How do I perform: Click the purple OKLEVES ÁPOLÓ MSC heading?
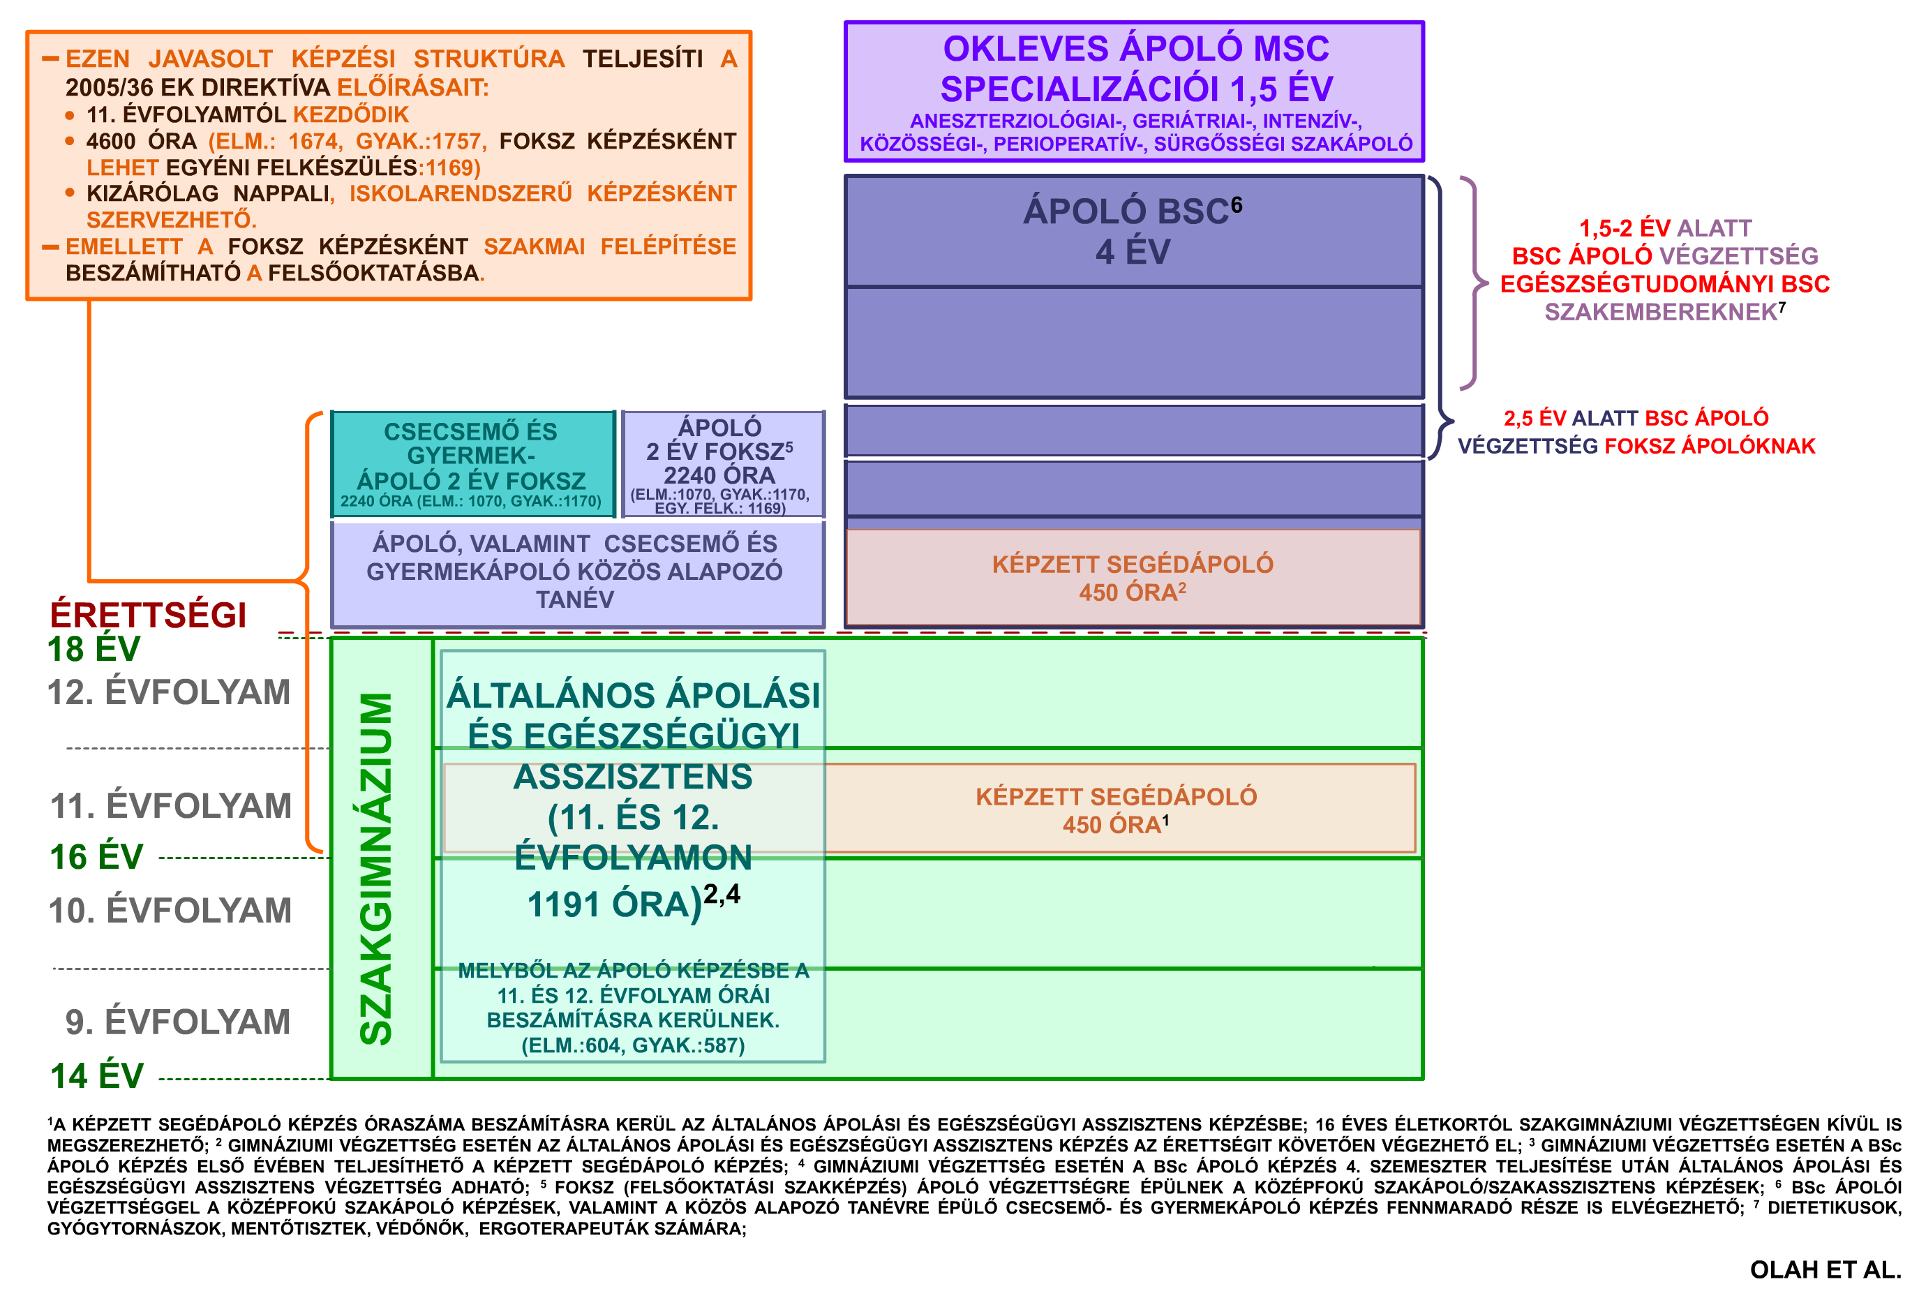[x=1136, y=68]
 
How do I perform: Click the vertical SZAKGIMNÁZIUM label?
[x=377, y=869]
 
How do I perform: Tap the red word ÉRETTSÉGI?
[x=148, y=615]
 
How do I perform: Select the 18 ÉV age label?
[x=94, y=650]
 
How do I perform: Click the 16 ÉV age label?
[x=96, y=857]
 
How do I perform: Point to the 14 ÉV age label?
[x=96, y=1076]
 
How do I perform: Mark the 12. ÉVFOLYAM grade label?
[x=170, y=692]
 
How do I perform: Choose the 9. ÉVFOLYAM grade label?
[x=178, y=1022]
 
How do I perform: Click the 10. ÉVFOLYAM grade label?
[x=170, y=911]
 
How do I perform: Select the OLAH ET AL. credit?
[x=1826, y=1269]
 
